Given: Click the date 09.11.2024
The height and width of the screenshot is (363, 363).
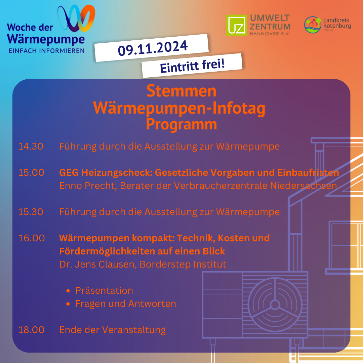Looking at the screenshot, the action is (x=153, y=48).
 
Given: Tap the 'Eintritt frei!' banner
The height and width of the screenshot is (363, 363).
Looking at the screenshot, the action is (x=192, y=66).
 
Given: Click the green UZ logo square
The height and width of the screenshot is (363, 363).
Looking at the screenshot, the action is (x=237, y=25).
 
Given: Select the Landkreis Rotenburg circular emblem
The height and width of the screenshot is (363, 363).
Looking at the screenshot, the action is (x=313, y=25).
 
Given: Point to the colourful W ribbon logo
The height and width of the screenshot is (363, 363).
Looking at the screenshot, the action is (x=76, y=18).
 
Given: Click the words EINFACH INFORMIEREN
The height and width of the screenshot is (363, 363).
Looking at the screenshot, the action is (x=46, y=51).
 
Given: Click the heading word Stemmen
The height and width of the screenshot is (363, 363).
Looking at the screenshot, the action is (x=181, y=91).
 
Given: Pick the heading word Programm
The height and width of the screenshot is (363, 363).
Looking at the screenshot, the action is (x=181, y=124).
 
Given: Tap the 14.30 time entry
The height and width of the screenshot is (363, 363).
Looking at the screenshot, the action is (x=31, y=146).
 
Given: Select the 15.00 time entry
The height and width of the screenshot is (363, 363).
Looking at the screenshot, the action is (x=31, y=172).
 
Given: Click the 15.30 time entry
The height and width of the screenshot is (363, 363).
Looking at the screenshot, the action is (x=31, y=212).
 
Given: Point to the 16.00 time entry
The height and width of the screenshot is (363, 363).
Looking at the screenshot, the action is (x=32, y=238).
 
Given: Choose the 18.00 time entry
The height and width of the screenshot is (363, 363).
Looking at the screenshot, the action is (x=31, y=330).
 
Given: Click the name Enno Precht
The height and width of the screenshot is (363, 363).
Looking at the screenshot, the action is (x=88, y=186).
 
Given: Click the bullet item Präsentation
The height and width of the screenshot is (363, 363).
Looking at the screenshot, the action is (x=104, y=290).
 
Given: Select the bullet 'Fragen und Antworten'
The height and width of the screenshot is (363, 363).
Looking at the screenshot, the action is (x=125, y=304).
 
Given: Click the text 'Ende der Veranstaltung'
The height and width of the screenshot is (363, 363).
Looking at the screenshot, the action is (x=112, y=330).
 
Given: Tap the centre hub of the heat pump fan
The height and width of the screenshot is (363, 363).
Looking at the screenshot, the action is (x=275, y=305).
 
